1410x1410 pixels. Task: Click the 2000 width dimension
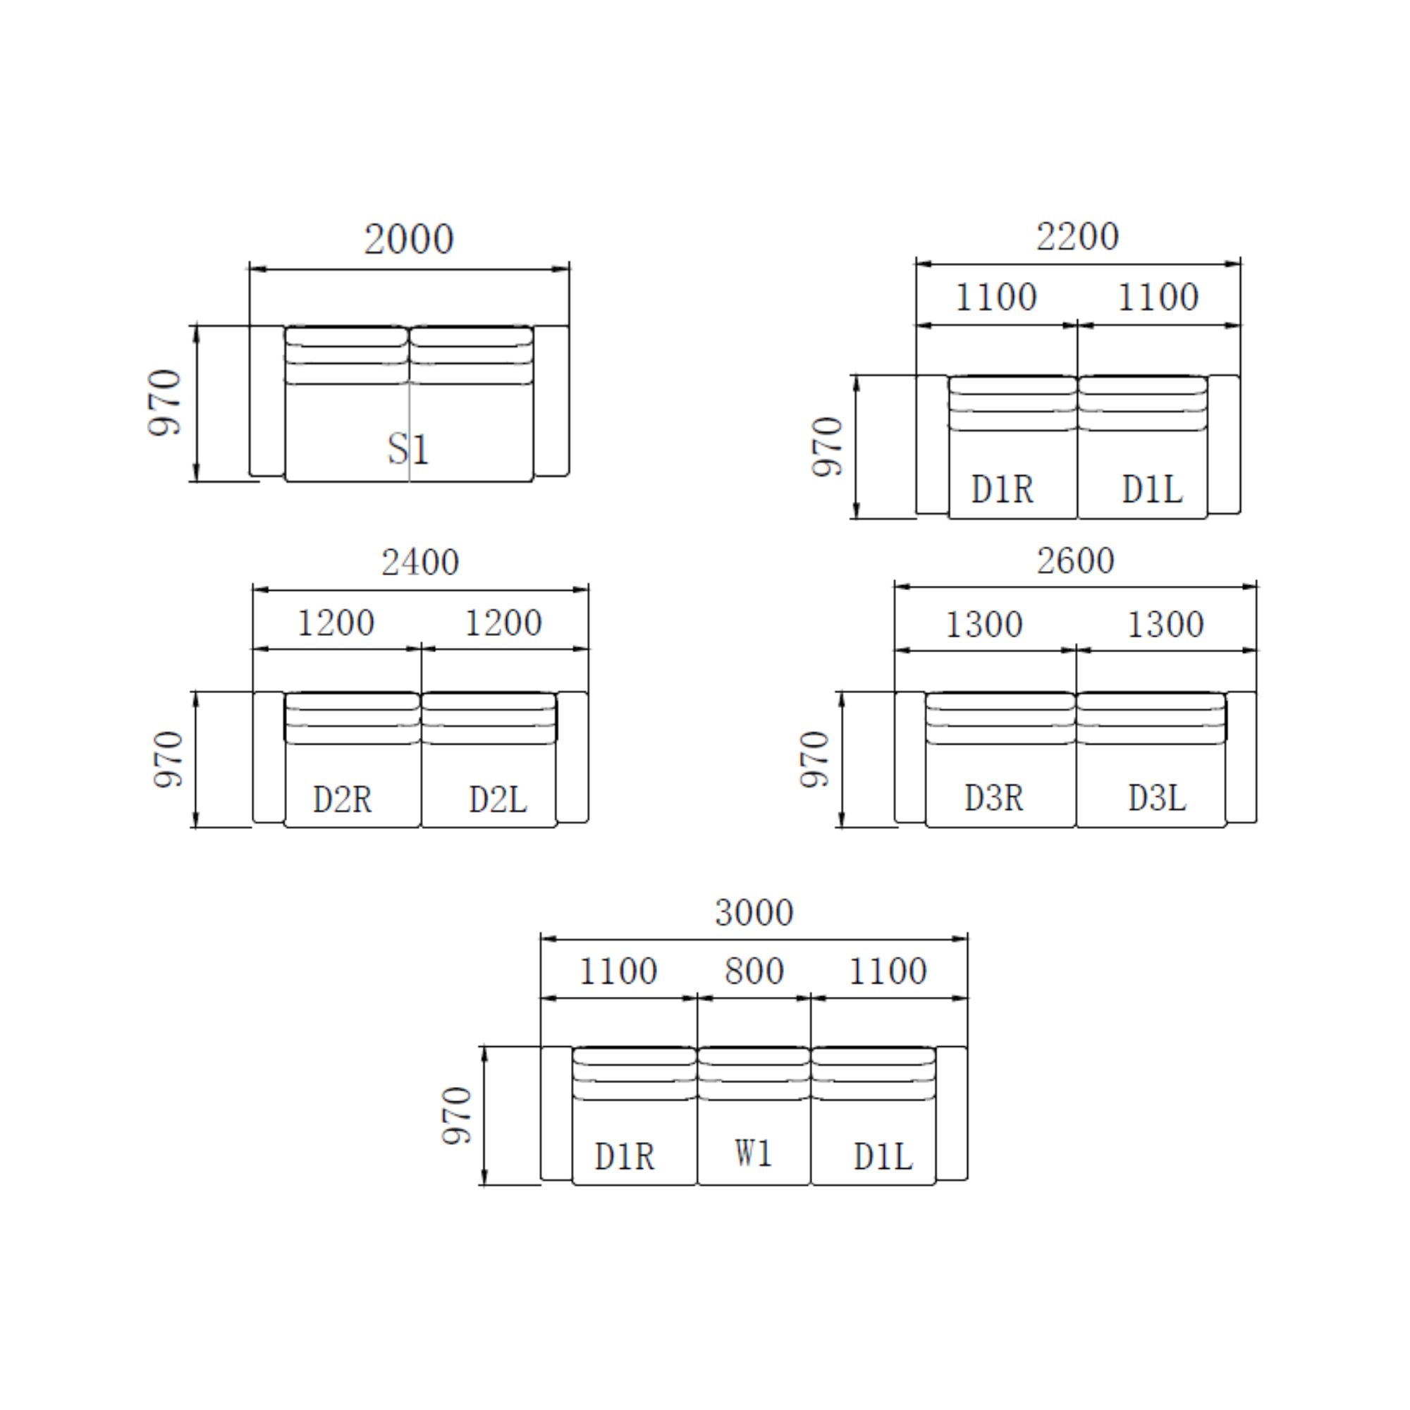[409, 240]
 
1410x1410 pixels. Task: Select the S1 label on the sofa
[408, 448]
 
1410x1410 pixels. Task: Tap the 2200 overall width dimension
[1077, 236]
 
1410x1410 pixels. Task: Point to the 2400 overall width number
[419, 562]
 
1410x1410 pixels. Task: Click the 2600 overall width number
[1075, 560]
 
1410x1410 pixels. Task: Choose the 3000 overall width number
[754, 912]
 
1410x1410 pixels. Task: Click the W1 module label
[753, 1153]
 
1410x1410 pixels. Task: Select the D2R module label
[343, 799]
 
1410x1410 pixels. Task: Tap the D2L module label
[498, 799]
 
